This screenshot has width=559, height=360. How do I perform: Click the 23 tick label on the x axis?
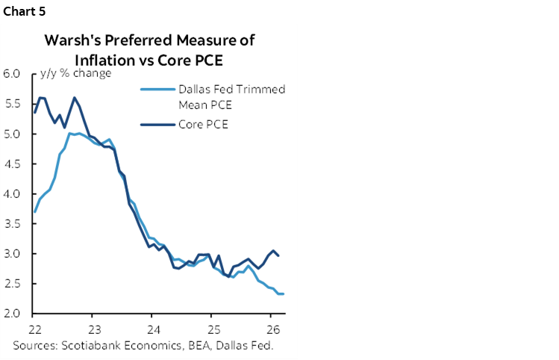coord(93,329)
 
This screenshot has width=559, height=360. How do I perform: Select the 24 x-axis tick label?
coord(152,329)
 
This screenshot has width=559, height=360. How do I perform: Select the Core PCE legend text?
coord(203,124)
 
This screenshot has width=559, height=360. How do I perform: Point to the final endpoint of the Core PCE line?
coord(279,255)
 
